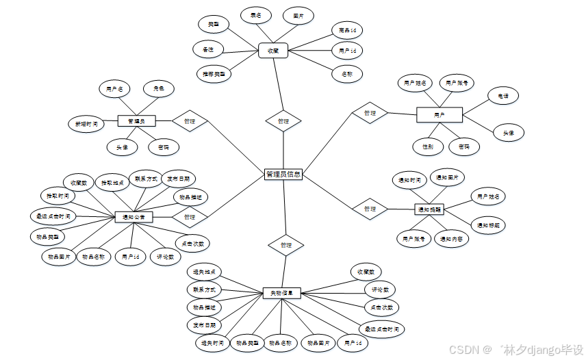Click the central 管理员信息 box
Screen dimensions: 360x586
[x=283, y=175]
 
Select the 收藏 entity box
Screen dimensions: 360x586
[x=273, y=50]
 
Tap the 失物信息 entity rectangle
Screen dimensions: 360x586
[x=282, y=293]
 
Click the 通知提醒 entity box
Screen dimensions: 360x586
[x=429, y=209]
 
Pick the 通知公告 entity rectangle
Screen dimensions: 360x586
[x=133, y=217]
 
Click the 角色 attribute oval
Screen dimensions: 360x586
[x=158, y=88]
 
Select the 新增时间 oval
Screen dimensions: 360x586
[x=86, y=125]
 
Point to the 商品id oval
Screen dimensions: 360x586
[x=347, y=30]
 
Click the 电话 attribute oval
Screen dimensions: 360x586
[x=502, y=97]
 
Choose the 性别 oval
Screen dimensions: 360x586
[x=423, y=146]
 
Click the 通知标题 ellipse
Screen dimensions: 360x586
[x=488, y=225]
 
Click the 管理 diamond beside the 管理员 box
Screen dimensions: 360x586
[x=190, y=121]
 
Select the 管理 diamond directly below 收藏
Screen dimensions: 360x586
[x=283, y=121]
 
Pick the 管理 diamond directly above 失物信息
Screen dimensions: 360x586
[x=286, y=245]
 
